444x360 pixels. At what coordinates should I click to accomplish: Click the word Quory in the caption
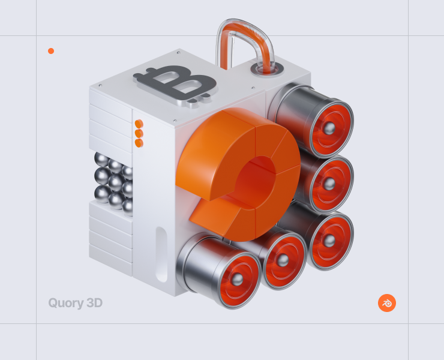click(66, 303)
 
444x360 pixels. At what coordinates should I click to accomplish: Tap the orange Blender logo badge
click(387, 303)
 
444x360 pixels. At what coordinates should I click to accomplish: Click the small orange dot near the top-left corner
click(51, 51)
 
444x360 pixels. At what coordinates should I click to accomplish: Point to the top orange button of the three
click(139, 124)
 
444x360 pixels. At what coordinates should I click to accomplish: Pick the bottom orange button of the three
click(139, 143)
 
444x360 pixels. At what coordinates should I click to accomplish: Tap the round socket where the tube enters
click(267, 69)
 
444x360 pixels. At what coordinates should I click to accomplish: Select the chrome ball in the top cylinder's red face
click(329, 128)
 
